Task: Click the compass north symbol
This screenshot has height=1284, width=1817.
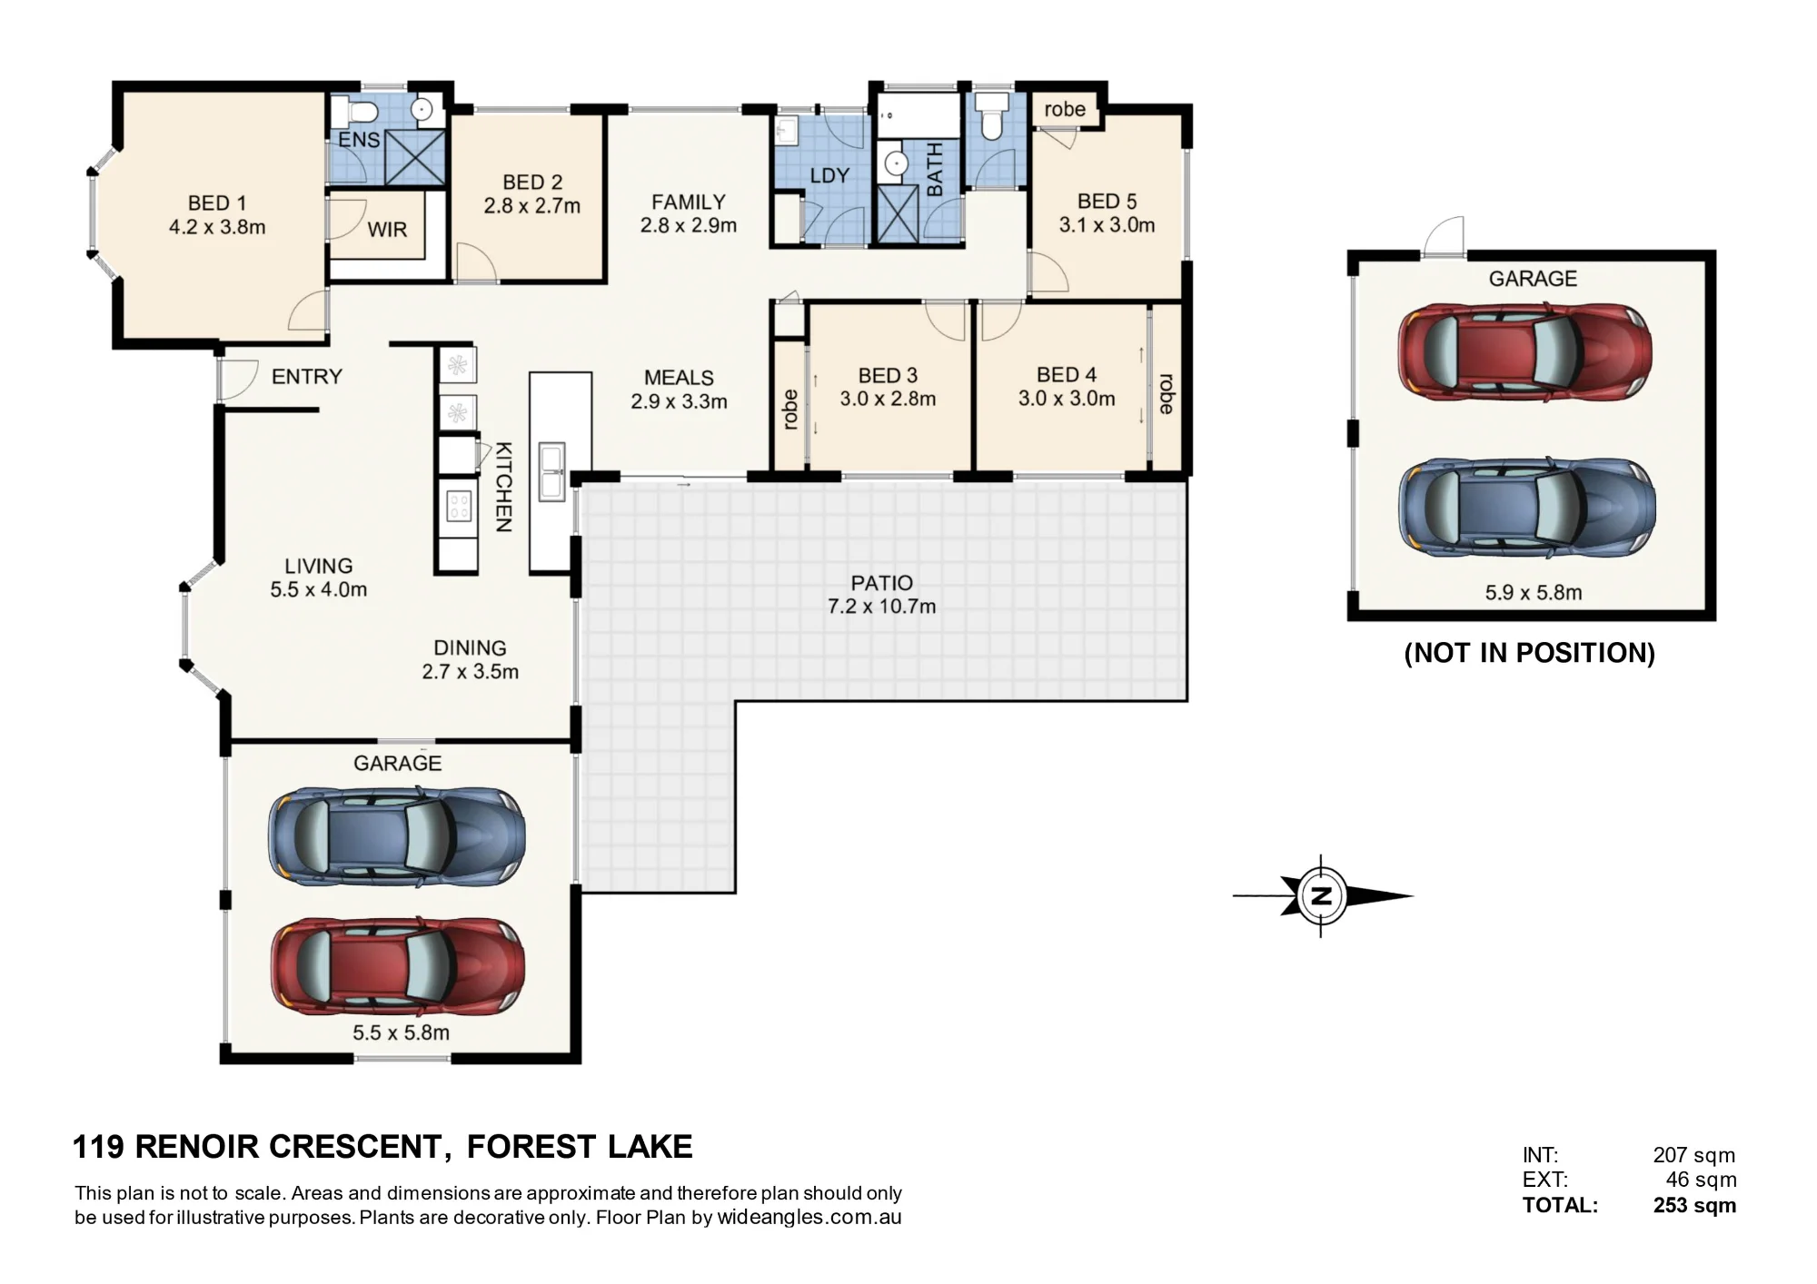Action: pos(1322,896)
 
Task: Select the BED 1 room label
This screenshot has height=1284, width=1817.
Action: pos(217,202)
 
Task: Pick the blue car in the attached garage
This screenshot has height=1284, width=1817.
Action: pos(396,836)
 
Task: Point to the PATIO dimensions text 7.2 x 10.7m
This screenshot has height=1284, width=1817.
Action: pos(881,607)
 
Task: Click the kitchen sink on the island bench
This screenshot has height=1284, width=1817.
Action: pos(551,471)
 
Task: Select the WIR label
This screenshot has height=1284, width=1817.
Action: pos(387,230)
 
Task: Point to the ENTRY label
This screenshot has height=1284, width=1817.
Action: pos(307,376)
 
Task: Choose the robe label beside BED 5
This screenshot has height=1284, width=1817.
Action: pos(1065,109)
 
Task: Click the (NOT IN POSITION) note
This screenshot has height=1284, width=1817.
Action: pos(1530,653)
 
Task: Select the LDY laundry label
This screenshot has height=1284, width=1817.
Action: pos(829,175)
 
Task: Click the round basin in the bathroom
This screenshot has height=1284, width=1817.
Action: pos(897,164)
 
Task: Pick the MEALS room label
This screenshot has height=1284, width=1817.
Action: pos(679,377)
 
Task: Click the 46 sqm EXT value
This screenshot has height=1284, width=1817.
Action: pos(1701,1180)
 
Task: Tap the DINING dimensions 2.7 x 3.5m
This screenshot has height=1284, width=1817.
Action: pos(470,672)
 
